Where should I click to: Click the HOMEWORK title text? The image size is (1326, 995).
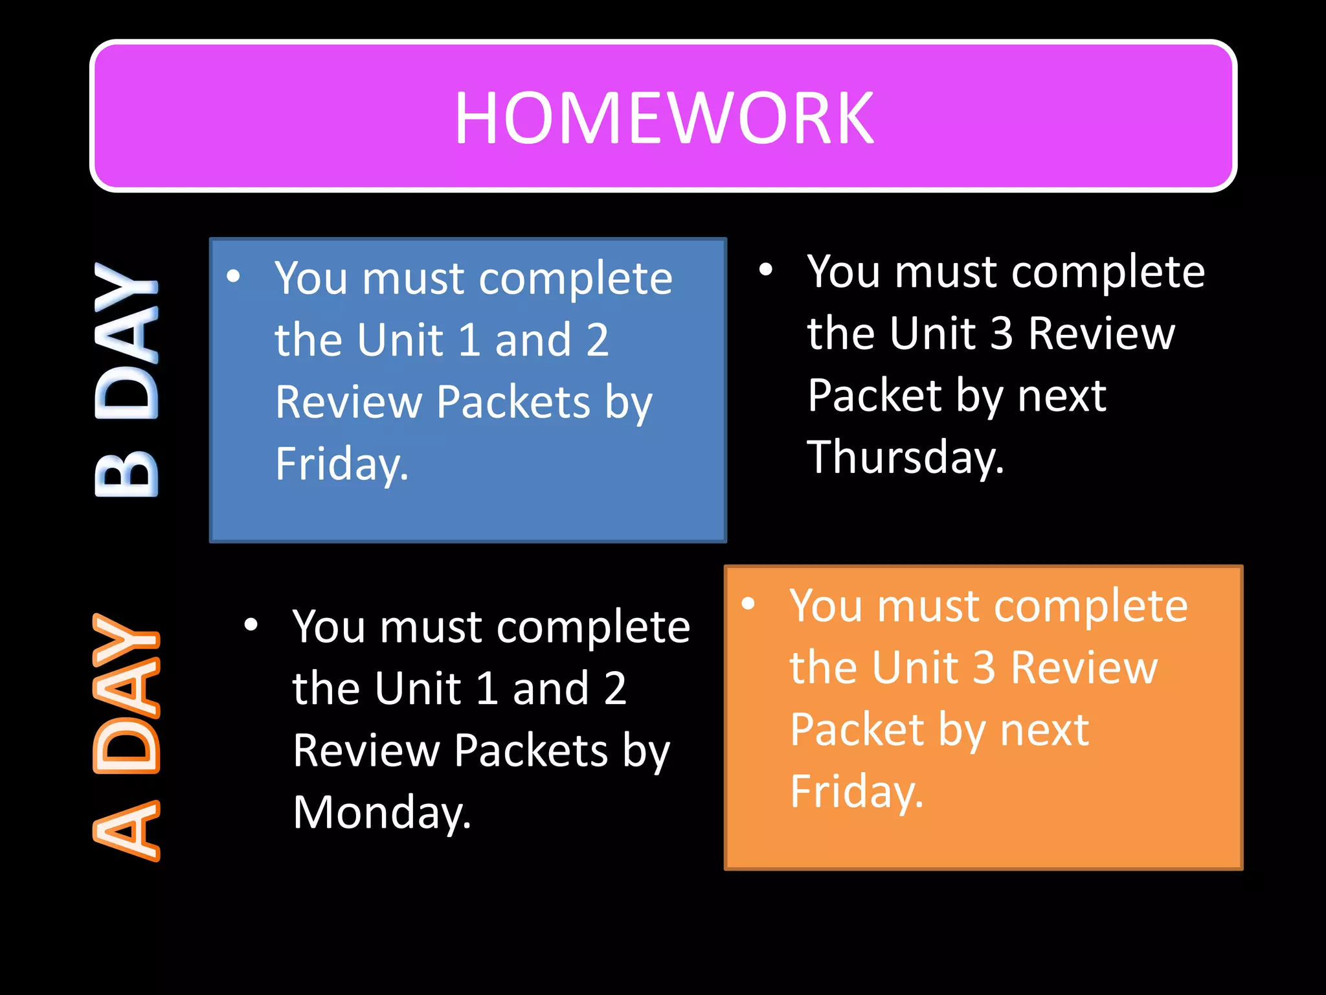click(664, 118)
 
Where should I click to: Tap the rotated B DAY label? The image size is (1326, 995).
click(126, 379)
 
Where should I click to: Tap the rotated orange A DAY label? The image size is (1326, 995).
click(126, 737)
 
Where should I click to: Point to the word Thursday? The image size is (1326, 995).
click(905, 457)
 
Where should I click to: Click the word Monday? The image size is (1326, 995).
click(381, 812)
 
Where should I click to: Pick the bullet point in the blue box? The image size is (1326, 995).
click(234, 277)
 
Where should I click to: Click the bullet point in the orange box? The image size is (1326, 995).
click(748, 604)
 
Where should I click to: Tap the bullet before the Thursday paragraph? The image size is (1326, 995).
click(766, 269)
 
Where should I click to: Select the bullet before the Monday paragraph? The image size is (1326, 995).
click(251, 625)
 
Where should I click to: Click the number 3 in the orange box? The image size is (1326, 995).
click(984, 667)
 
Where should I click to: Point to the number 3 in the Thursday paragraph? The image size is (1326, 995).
click(1002, 334)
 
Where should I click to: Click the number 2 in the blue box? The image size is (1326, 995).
click(597, 340)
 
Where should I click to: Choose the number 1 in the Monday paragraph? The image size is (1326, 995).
click(486, 689)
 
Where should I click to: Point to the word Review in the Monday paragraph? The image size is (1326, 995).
click(366, 751)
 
